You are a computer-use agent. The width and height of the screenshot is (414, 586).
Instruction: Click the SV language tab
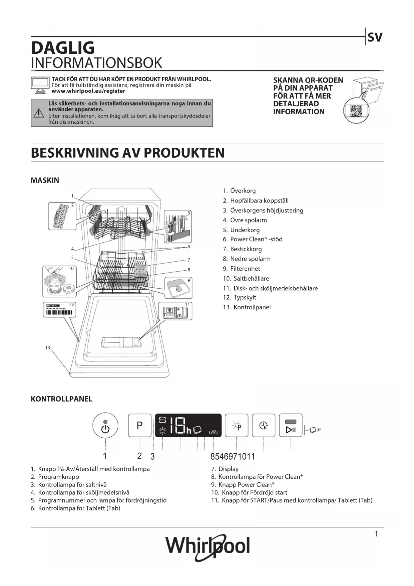coord(375,37)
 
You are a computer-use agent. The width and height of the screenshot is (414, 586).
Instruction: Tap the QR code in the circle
coord(356,111)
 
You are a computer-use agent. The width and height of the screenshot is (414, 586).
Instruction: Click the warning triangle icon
coord(39,113)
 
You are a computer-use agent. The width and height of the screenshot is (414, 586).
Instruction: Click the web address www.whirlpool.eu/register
coord(88,91)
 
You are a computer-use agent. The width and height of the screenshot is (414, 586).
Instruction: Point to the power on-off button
coord(105,425)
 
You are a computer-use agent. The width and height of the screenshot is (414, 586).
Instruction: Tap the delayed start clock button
coord(264,425)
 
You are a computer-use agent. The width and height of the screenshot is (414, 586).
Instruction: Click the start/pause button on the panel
coord(291,425)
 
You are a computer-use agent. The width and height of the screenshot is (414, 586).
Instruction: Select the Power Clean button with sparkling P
coord(237,425)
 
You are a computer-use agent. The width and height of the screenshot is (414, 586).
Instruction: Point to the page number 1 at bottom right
coord(376,534)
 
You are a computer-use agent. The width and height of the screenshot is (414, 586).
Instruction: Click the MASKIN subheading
coord(45,180)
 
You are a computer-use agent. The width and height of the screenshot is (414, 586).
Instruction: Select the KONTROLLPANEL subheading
coord(61,399)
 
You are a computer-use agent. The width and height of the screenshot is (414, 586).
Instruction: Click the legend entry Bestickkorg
coord(246,249)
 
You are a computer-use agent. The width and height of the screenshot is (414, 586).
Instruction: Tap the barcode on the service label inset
coord(59,313)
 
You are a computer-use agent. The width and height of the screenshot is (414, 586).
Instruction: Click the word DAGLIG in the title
coord(63,48)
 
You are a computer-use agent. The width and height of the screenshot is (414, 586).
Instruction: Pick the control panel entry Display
coord(228,469)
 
